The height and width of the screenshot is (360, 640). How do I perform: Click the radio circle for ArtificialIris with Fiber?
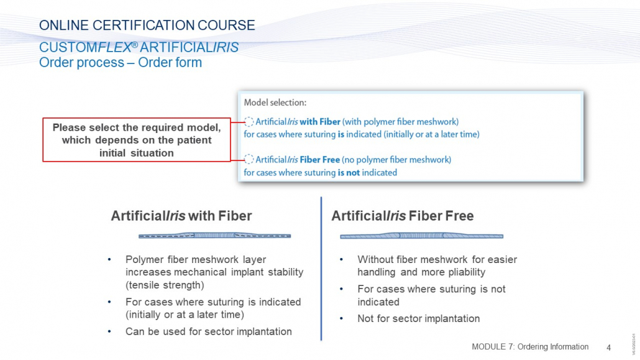pyautogui.click(x=249, y=122)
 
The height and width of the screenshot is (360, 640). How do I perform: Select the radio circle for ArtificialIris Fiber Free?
pyautogui.click(x=249, y=159)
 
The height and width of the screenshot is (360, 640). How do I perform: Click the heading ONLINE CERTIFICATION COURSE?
pyautogui.click(x=147, y=25)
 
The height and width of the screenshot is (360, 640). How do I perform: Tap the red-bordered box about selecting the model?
pyautogui.click(x=137, y=140)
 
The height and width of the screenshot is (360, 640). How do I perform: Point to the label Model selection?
pyautogui.click(x=275, y=103)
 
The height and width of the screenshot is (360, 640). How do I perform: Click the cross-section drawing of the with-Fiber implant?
pyautogui.click(x=215, y=236)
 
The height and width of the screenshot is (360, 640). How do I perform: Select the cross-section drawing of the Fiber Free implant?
pyautogui.click(x=422, y=236)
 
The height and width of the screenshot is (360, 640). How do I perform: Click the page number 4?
pyautogui.click(x=608, y=348)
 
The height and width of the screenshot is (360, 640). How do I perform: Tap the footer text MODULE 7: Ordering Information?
pyautogui.click(x=530, y=347)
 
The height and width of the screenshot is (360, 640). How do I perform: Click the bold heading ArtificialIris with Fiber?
pyautogui.click(x=181, y=216)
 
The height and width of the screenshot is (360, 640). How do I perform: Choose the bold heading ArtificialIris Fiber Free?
pyautogui.click(x=403, y=216)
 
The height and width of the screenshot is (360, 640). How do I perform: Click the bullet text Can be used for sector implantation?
pyautogui.click(x=209, y=331)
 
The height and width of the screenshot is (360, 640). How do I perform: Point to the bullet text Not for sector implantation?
pyautogui.click(x=418, y=319)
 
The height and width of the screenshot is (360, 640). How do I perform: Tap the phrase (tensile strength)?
pyautogui.click(x=165, y=285)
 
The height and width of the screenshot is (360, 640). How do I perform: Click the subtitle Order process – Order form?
pyautogui.click(x=121, y=63)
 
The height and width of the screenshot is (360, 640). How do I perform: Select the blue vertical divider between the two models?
pyautogui.click(x=321, y=269)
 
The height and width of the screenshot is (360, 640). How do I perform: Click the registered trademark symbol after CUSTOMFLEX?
pyautogui.click(x=134, y=45)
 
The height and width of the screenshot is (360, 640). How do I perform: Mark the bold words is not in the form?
pyautogui.click(x=349, y=173)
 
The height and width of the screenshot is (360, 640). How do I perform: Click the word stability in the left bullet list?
pyautogui.click(x=286, y=272)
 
